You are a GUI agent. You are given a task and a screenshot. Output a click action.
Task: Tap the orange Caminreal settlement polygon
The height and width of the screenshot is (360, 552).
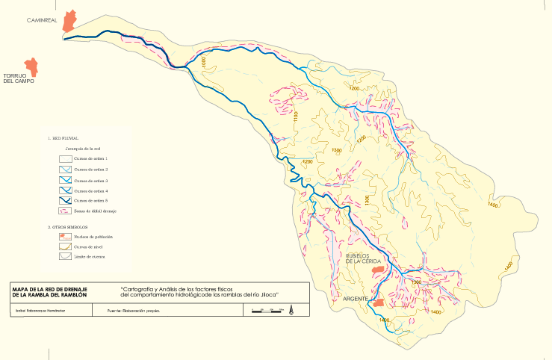[70, 21]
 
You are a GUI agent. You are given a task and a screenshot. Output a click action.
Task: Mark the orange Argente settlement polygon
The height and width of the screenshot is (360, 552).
[379, 302]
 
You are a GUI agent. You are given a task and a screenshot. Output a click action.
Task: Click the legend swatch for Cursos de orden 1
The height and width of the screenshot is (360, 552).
[65, 159]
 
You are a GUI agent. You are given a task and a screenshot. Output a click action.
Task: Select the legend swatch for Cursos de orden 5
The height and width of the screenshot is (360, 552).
[65, 202]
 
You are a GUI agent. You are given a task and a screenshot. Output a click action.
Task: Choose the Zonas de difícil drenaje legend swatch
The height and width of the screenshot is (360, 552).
[65, 212]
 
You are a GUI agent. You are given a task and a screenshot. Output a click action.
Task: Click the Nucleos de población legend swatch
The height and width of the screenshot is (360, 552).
[65, 235]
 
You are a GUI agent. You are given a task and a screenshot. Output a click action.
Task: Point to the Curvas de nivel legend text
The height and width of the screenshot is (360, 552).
[88, 246]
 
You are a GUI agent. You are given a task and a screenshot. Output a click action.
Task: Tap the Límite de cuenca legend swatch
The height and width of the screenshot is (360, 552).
[65, 256]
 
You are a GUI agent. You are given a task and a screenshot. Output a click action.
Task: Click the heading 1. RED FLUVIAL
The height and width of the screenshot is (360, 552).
[63, 138]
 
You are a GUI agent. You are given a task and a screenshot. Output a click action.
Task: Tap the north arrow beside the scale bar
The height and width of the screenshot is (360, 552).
[290, 308]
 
